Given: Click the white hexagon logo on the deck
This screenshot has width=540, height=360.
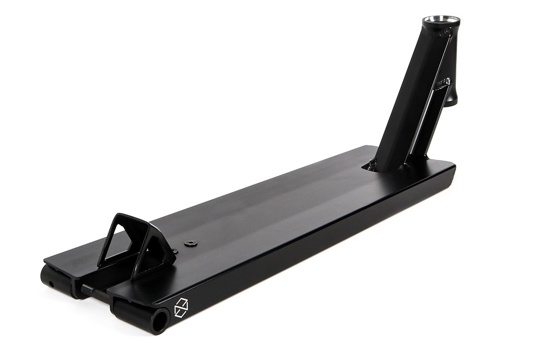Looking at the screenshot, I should coord(180,307).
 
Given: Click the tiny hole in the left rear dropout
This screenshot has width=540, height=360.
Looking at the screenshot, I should coord(51,283).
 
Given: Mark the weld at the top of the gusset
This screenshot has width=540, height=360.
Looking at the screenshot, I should coord(443,82).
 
